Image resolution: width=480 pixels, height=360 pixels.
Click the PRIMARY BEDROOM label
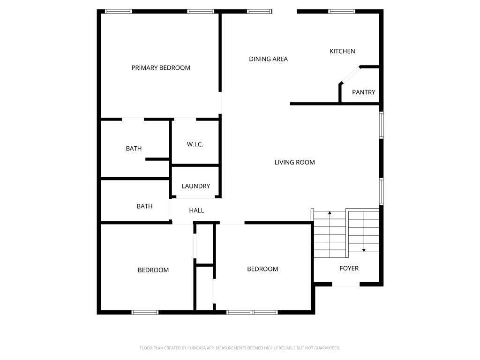(161, 67)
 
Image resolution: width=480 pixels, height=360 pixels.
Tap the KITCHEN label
(342, 51)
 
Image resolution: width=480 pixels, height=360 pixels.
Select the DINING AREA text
(268, 59)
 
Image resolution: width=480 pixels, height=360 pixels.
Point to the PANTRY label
(363, 92)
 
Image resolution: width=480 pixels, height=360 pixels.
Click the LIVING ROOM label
(294, 162)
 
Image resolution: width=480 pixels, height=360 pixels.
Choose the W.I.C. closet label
(195, 144)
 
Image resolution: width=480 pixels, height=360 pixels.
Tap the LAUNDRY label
(196, 186)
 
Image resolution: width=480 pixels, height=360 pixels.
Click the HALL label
(196, 210)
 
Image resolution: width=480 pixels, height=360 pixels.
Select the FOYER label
(349, 268)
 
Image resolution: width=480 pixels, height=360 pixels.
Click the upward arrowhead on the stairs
(330, 213)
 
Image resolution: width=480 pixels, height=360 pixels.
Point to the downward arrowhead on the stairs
(364, 250)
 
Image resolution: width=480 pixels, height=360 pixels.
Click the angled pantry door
(351, 75)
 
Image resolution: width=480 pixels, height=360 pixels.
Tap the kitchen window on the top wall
(342, 12)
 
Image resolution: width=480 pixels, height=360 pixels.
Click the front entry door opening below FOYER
(346, 285)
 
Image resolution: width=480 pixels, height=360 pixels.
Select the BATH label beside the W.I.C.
(134, 149)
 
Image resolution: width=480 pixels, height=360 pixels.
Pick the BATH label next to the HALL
(144, 206)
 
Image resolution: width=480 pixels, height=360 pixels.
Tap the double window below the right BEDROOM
(252, 312)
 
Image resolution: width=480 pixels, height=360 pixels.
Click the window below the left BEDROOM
(145, 312)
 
